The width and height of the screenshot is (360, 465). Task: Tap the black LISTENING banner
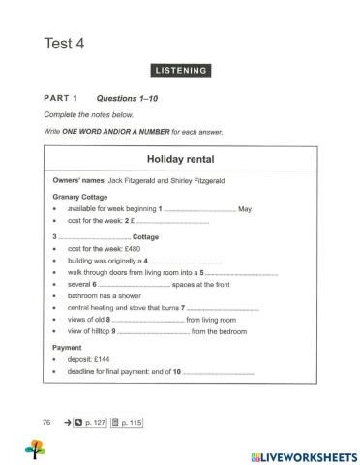tap(180, 70)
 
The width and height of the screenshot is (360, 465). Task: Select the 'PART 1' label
tap(60, 99)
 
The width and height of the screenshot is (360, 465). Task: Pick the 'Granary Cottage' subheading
tap(80, 196)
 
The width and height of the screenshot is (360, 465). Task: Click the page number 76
tap(46, 422)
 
